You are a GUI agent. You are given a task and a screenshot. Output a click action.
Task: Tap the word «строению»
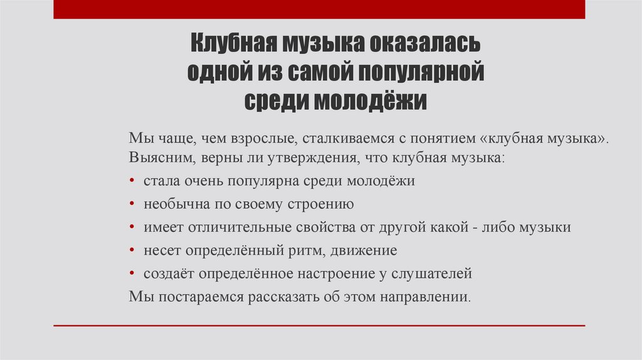(320, 204)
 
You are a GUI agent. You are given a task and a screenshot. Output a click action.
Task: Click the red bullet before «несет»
(134, 250)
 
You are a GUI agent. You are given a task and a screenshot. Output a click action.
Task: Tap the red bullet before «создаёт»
(134, 273)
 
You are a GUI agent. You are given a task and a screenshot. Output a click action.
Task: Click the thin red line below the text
(319, 326)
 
